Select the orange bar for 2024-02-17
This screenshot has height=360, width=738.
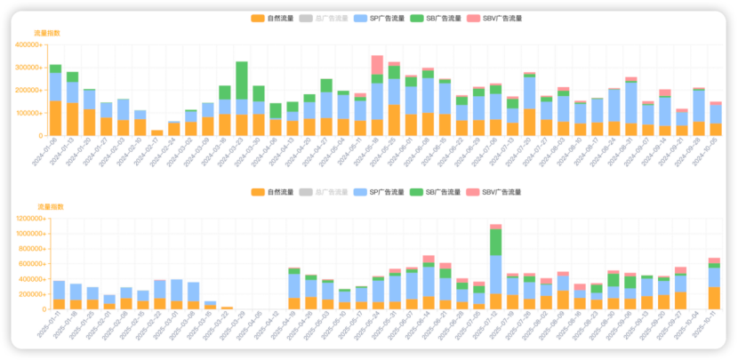pyautogui.click(x=156, y=132)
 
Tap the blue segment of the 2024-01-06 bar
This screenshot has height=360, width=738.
pyautogui.click(x=55, y=86)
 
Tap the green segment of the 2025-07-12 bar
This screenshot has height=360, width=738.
pyautogui.click(x=495, y=242)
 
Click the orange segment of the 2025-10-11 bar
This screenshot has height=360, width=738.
pyautogui.click(x=714, y=297)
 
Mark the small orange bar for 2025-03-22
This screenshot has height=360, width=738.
pyautogui.click(x=227, y=308)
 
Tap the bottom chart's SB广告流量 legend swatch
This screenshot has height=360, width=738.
pyautogui.click(x=416, y=192)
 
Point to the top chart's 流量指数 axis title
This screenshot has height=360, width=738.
pyautogui.click(x=47, y=33)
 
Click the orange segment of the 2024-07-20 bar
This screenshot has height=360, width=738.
pyautogui.click(x=529, y=122)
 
